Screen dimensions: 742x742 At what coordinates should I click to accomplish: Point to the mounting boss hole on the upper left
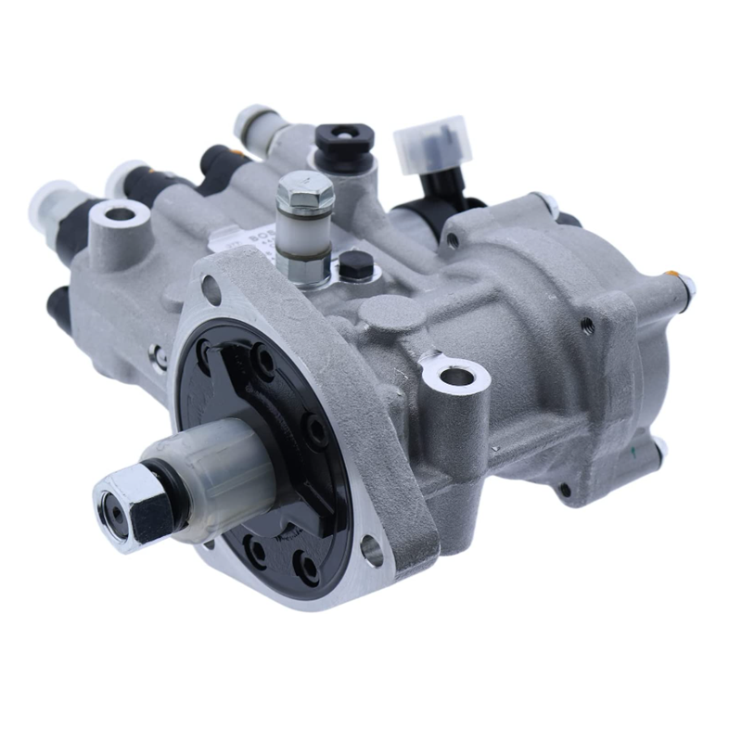point(120,215)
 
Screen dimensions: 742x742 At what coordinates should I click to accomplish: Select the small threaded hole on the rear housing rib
point(586,325)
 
